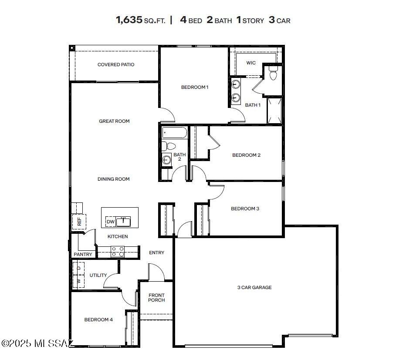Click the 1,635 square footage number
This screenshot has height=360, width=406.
[x=129, y=20]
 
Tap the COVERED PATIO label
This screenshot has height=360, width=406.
[x=116, y=65]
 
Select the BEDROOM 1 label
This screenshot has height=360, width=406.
[x=195, y=87]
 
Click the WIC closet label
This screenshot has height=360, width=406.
[x=251, y=63]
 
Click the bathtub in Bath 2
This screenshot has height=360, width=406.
[x=174, y=132]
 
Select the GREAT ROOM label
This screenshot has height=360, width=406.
[x=114, y=121]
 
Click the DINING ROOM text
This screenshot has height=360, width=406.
[x=113, y=179]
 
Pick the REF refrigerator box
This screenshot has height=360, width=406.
[x=79, y=222]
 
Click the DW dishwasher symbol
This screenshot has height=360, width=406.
[x=111, y=222]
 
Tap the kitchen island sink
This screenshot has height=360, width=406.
[x=123, y=222]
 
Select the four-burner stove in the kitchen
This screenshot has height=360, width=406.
[x=118, y=252]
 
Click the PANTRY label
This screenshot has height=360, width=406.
[x=83, y=255]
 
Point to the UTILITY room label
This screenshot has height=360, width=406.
[x=98, y=276]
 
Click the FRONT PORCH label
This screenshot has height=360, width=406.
[x=156, y=297]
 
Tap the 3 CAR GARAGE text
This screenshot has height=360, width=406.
[x=254, y=288]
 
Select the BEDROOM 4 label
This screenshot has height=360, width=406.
[x=98, y=320]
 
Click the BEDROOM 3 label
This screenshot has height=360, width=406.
[x=245, y=209]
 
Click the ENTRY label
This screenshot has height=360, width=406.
[x=156, y=253]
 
